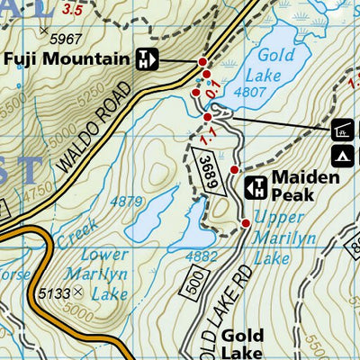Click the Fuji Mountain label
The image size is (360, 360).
[67, 60]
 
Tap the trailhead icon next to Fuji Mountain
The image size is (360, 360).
[147, 60]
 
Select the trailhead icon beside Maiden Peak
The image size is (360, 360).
[255, 187]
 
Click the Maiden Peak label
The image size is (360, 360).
[305, 186]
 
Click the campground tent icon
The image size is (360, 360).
[343, 156]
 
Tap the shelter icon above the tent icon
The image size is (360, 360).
[343, 130]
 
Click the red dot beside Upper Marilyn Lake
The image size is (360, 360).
[245, 222]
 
